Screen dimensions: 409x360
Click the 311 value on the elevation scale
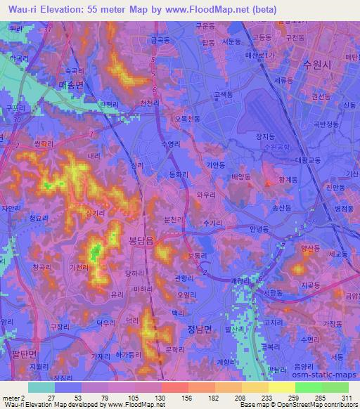click(347, 398)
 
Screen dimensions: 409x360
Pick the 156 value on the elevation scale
click(188, 398)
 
